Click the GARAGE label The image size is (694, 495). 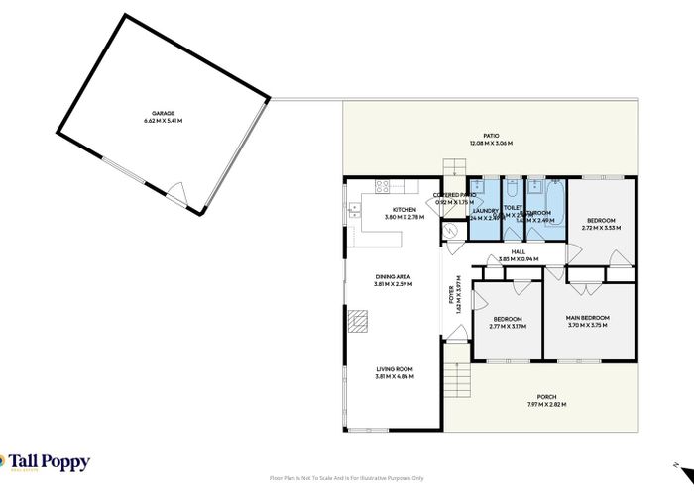click(163, 113)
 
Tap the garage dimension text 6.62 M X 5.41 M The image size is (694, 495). click(163, 120)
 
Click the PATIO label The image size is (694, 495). click(490, 136)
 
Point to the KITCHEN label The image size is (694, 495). click(404, 209)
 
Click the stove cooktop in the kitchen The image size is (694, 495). click(379, 186)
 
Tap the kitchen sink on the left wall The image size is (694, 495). click(353, 209)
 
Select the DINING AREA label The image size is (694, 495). click(393, 276)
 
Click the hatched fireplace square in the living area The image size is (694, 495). click(358, 320)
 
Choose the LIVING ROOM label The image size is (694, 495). click(394, 368)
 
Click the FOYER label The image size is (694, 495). click(450, 295)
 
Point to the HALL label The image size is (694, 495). click(518, 252)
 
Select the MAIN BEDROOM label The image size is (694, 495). click(587, 317)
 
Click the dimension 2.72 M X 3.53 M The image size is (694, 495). click(601, 227)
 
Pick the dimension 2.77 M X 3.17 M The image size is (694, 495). click(508, 326)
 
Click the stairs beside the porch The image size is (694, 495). click(455, 379)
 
